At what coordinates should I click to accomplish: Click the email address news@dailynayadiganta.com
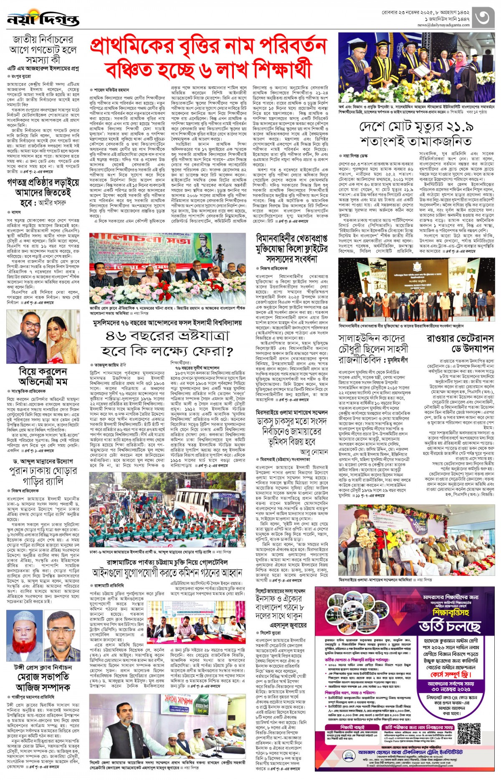click(443, 25)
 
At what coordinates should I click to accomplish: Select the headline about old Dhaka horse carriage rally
click(43, 475)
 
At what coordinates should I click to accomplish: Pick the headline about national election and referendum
click(43, 50)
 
